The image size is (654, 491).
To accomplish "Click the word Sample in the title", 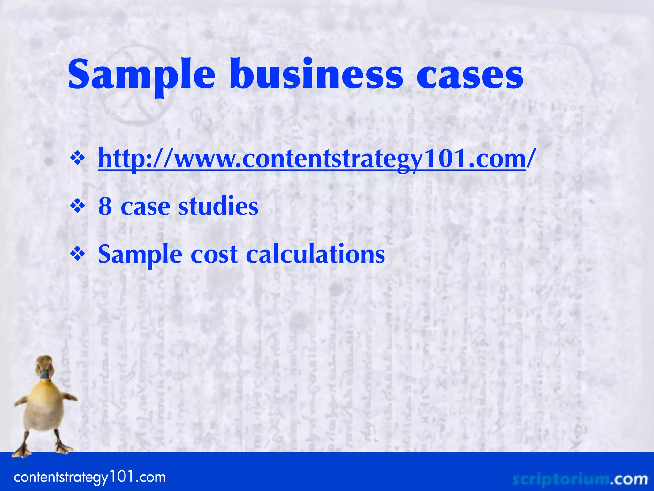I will pos(141,75).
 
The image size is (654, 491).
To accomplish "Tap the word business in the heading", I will pos(316,74).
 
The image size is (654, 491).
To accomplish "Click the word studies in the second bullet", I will pos(218,206).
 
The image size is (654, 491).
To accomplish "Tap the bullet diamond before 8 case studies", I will pos(78,207).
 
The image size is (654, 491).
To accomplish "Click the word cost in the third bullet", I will pos(214,255).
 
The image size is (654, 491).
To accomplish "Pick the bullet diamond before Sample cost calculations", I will pos(78,254).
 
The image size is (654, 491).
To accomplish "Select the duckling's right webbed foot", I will pos(64,448).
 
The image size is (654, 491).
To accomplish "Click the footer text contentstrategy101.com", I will pos(90,477).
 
